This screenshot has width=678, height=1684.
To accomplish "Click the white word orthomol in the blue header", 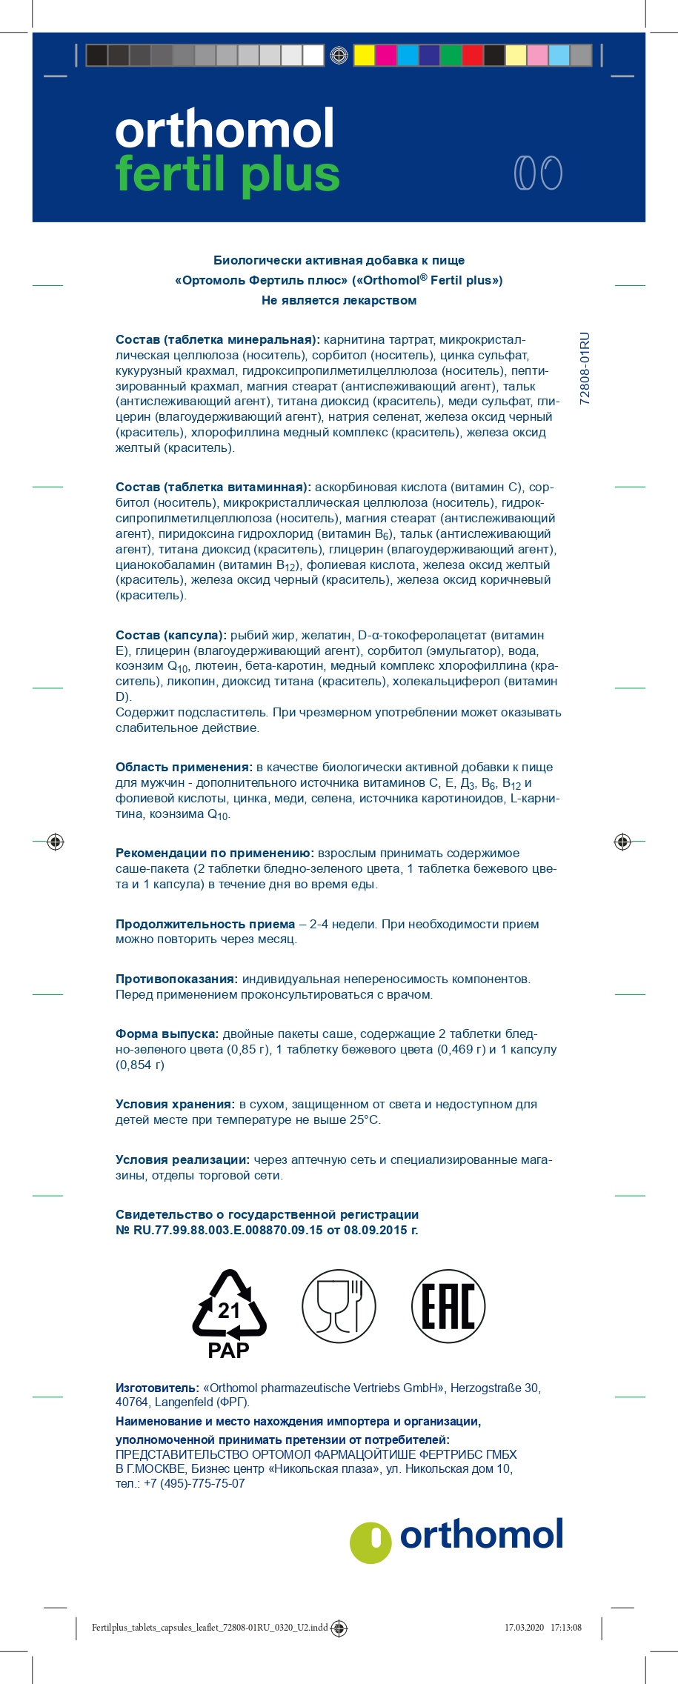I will pyautogui.click(x=225, y=130).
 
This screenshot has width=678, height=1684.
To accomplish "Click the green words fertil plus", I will pyautogui.click(x=227, y=176).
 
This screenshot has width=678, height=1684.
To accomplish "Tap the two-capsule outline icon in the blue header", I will pyautogui.click(x=538, y=173).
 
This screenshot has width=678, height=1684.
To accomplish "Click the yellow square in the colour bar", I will pyautogui.click(x=364, y=56).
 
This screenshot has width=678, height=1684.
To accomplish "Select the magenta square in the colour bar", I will pyautogui.click(x=385, y=56).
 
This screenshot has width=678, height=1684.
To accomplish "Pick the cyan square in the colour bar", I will pyautogui.click(x=407, y=56).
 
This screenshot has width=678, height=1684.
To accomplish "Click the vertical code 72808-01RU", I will pyautogui.click(x=585, y=367).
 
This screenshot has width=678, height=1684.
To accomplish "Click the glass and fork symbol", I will pyautogui.click(x=339, y=1306).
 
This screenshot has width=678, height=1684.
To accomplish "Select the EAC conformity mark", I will pyautogui.click(x=448, y=1306).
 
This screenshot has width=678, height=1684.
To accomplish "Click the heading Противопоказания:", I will pyautogui.click(x=176, y=979).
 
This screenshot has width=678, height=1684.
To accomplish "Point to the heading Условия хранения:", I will pyautogui.click(x=175, y=1104).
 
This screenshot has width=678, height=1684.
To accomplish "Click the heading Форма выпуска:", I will pyautogui.click(x=167, y=1034).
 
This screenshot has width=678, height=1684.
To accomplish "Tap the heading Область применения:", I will pyautogui.click(x=184, y=767).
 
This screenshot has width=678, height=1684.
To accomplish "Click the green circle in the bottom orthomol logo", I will pyautogui.click(x=370, y=1543).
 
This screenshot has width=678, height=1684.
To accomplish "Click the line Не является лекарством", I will pyautogui.click(x=339, y=300).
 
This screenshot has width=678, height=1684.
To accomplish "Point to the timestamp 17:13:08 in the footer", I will pyautogui.click(x=566, y=1628).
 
